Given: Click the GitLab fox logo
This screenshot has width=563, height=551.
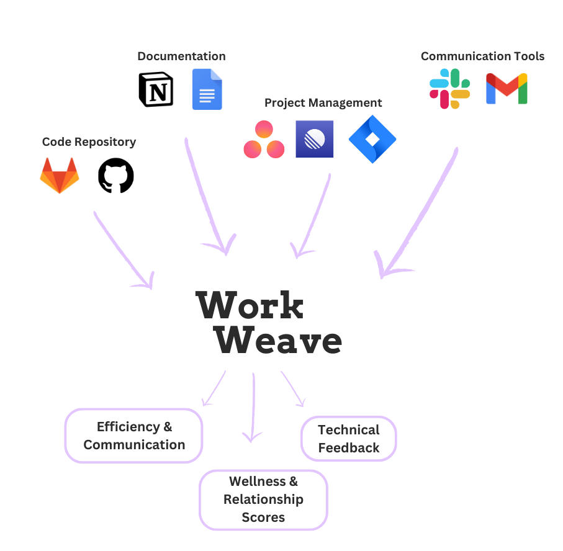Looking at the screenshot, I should coord(60,175).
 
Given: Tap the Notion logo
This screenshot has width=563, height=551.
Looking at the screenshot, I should coord(156,89).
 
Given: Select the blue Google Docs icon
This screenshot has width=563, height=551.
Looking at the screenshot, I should coord(207,89).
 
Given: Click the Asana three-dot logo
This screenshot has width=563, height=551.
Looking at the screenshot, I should coord(264,140).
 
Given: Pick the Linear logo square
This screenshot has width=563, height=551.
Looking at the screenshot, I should coord(315,140).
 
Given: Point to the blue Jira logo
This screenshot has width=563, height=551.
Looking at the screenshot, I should coord(372,140).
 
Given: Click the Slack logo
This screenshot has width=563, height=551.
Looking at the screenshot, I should coord(450,89).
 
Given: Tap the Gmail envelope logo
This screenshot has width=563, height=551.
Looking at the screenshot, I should coord(507,89).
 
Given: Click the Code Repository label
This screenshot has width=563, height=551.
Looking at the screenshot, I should coord(89,142).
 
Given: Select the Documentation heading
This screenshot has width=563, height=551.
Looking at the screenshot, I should coord(181,56).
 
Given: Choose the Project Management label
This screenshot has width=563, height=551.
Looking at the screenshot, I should coord(323,103).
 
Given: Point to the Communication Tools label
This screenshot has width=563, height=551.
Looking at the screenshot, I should coord(482,56).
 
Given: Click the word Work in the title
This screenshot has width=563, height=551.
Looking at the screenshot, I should coord(250,305).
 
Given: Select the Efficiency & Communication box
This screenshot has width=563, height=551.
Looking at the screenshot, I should coord(134,436).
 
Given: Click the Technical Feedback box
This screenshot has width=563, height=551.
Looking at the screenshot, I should coord(348,439).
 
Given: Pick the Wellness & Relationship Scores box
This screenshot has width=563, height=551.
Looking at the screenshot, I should coord(263,499).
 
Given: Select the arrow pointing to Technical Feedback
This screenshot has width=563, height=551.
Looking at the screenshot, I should coord(293,389).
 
